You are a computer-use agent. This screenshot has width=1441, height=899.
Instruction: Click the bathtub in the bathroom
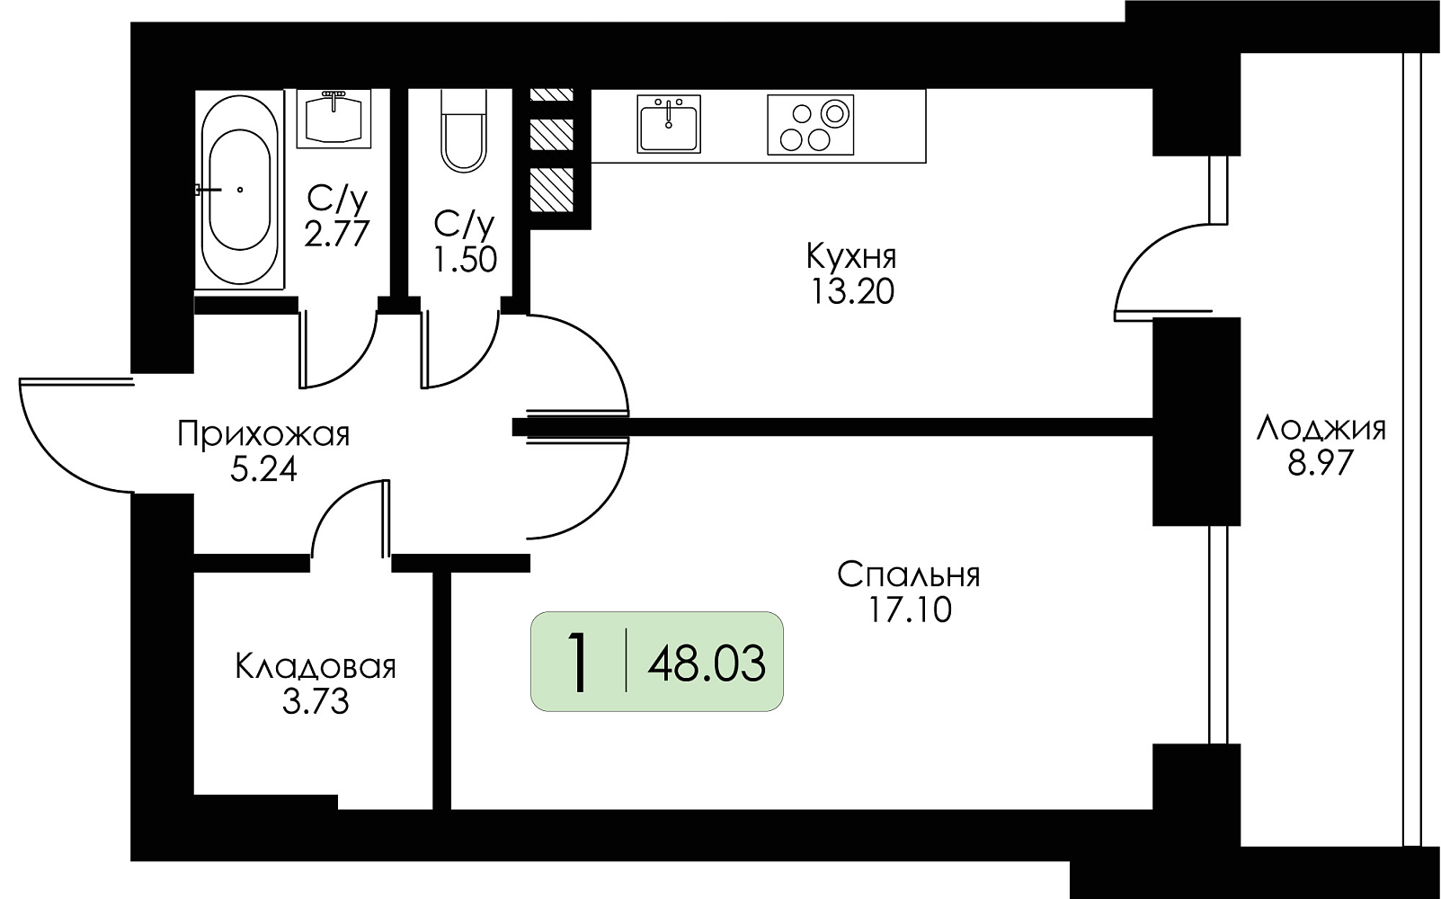(238, 190)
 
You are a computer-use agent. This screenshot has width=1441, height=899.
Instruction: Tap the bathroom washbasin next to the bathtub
(334, 119)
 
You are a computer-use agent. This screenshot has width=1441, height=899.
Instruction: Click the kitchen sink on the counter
(669, 123)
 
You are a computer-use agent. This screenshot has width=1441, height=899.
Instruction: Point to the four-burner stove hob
(811, 125)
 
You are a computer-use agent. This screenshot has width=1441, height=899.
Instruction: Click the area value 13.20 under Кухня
(851, 293)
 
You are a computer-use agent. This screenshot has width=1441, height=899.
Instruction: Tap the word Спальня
(908, 574)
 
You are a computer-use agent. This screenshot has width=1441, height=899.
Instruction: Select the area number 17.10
(910, 610)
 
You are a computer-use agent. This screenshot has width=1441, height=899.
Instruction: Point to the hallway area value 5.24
(263, 470)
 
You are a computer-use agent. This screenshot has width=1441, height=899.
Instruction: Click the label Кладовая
(316, 667)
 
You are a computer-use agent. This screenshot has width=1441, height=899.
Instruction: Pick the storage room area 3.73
(316, 702)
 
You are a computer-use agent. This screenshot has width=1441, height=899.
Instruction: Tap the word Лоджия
(1321, 429)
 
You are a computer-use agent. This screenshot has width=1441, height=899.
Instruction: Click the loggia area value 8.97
(1321, 463)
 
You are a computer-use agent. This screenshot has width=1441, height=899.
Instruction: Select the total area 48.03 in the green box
(707, 663)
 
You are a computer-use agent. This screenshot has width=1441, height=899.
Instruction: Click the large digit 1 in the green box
(579, 663)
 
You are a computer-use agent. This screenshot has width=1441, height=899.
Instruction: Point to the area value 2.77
(337, 235)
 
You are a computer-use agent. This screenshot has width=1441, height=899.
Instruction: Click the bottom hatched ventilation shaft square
(551, 189)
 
